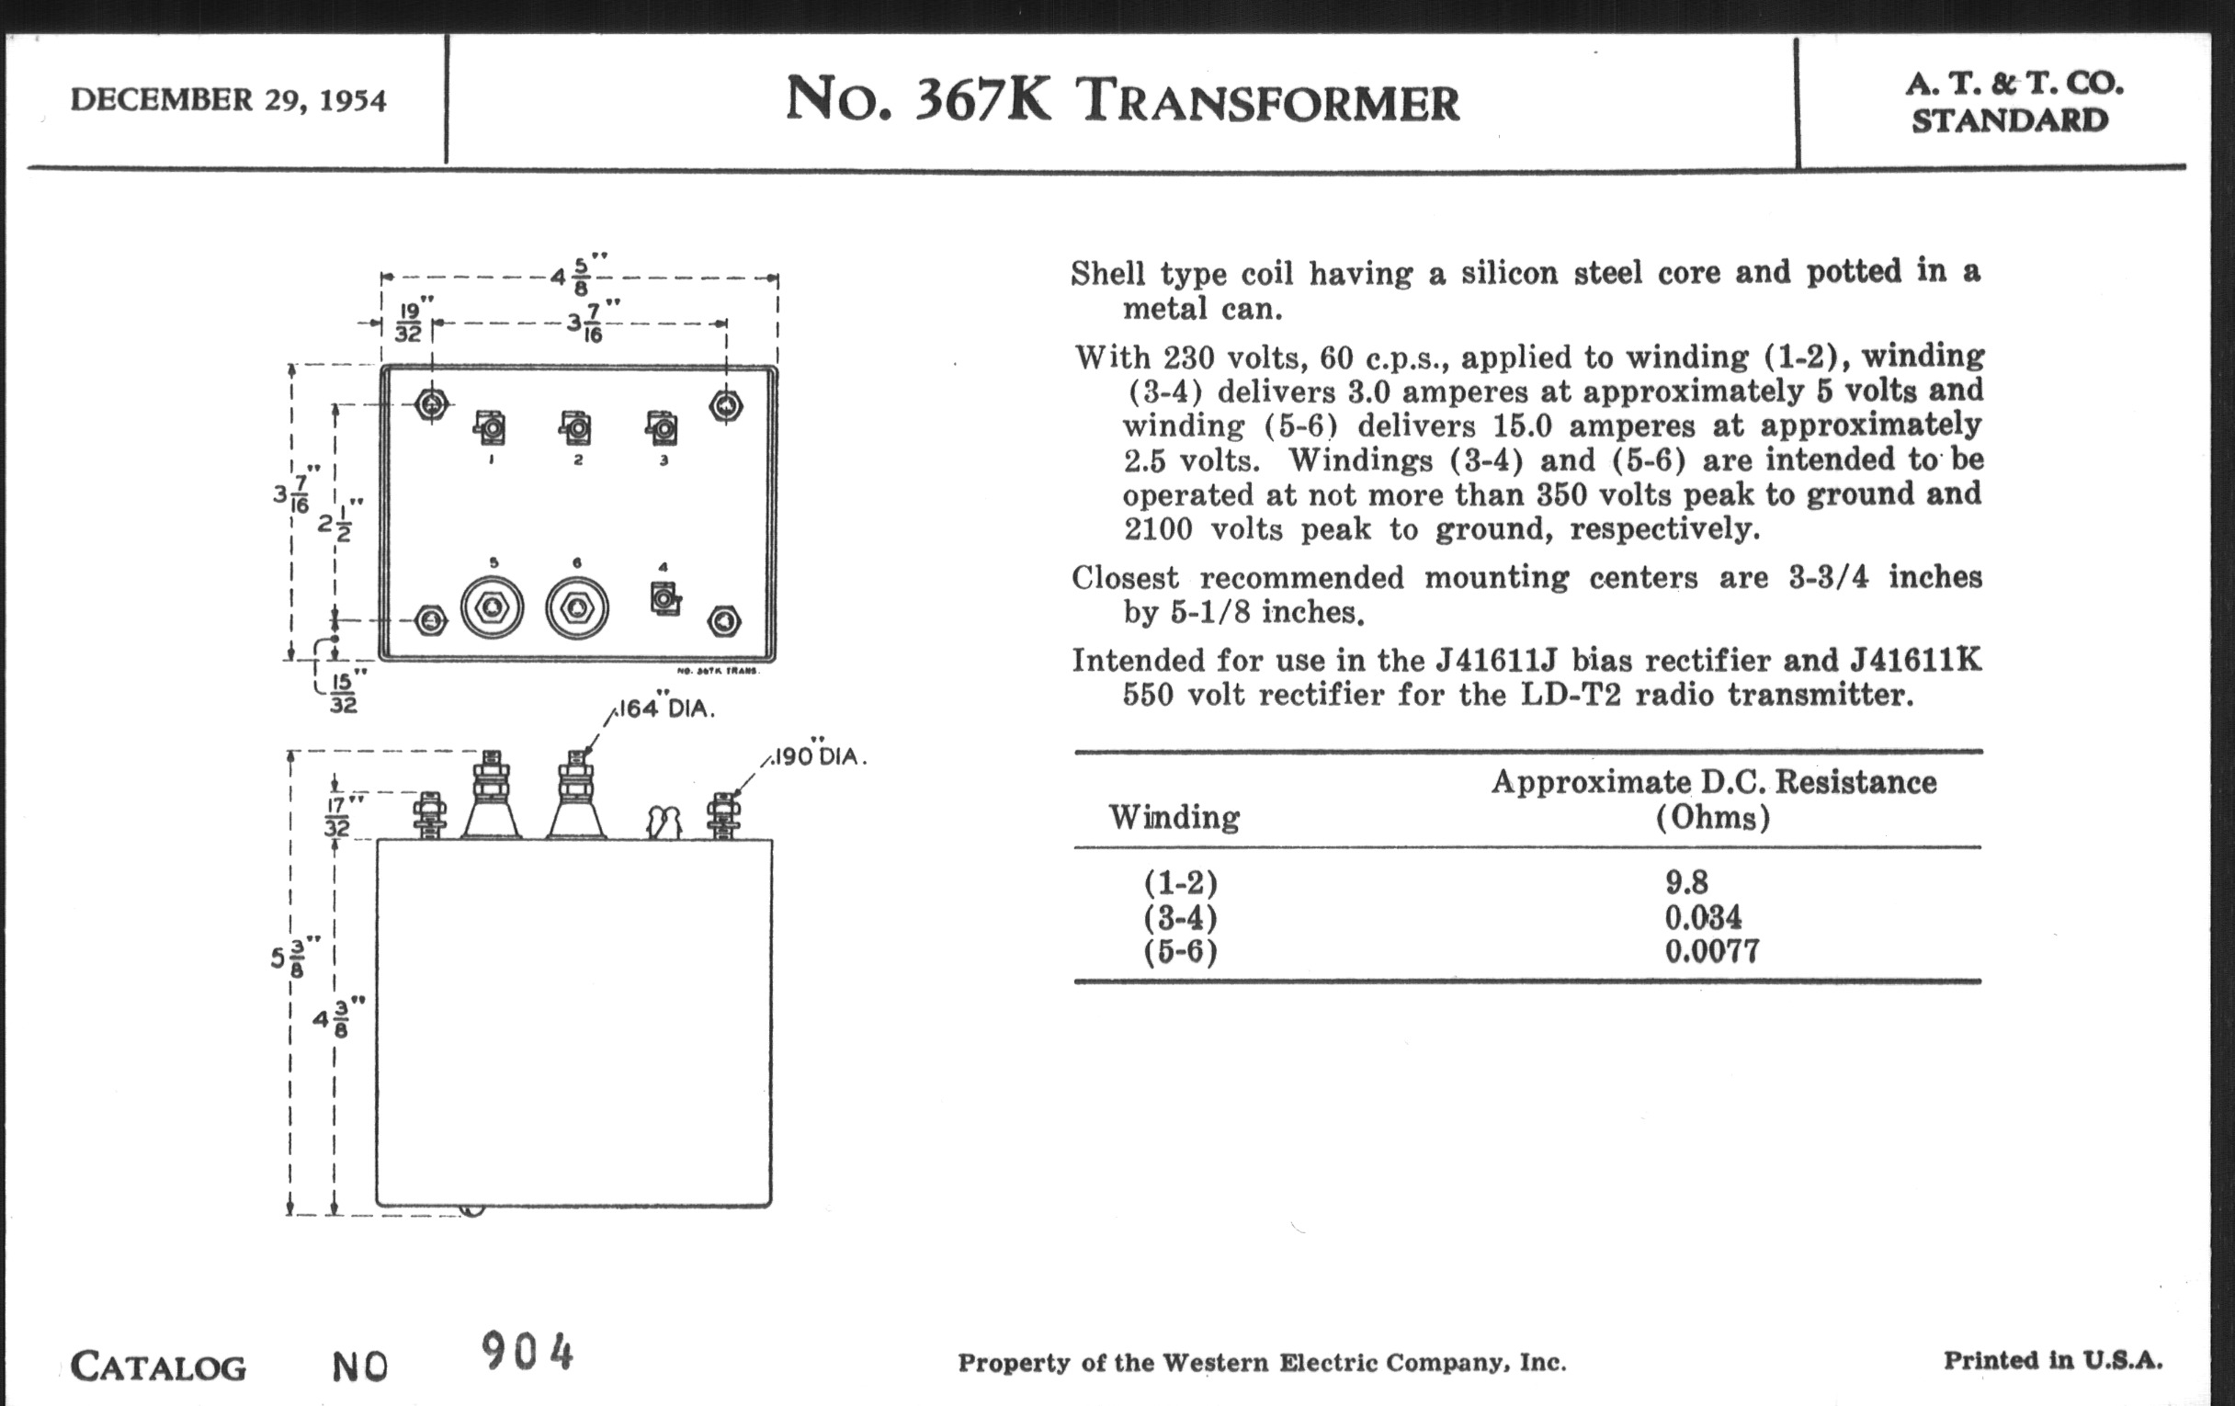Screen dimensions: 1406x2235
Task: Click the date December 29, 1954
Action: (x=227, y=100)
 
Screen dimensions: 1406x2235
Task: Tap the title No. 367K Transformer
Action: (x=1122, y=100)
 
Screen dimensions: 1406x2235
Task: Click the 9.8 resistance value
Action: (x=1685, y=881)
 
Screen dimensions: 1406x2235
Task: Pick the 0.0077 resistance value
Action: (x=1711, y=951)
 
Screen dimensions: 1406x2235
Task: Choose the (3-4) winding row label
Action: (x=1180, y=918)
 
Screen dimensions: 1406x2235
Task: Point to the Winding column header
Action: (x=1174, y=818)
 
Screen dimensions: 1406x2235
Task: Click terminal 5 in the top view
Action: (x=492, y=607)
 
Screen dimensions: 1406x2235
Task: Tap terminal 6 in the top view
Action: (x=576, y=607)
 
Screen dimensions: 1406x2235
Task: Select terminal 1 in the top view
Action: (x=490, y=428)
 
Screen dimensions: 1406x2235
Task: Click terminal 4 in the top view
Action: (x=664, y=598)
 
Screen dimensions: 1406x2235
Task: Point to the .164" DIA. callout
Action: (x=664, y=709)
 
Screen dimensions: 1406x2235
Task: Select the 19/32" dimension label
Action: (x=408, y=323)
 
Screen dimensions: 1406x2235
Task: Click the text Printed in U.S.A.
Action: (x=2053, y=1361)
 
